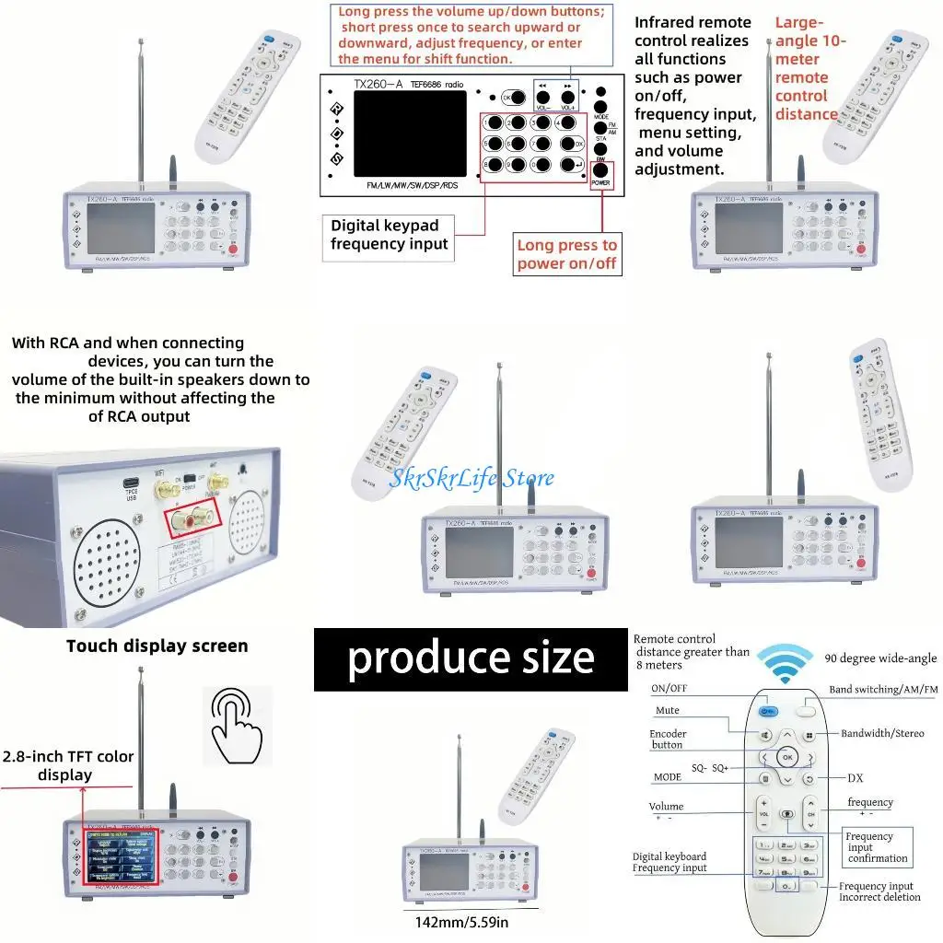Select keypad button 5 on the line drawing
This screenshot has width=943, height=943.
pyautogui.click(x=495, y=144)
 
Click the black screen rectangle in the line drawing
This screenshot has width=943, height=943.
pyautogui.click(x=410, y=134)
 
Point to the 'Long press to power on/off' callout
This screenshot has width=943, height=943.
pyautogui.click(x=566, y=254)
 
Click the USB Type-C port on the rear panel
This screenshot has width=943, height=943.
pyautogui.click(x=130, y=482)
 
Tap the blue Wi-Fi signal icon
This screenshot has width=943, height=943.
pyautogui.click(x=785, y=662)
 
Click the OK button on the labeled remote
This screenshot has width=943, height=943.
pyautogui.click(x=786, y=756)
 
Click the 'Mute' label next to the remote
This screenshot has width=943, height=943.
pyautogui.click(x=668, y=711)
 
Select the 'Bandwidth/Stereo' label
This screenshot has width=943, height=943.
pyautogui.click(x=881, y=734)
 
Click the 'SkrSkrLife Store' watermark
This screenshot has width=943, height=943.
pyautogui.click(x=471, y=477)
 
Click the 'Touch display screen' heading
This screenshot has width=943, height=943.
pyautogui.click(x=157, y=646)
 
